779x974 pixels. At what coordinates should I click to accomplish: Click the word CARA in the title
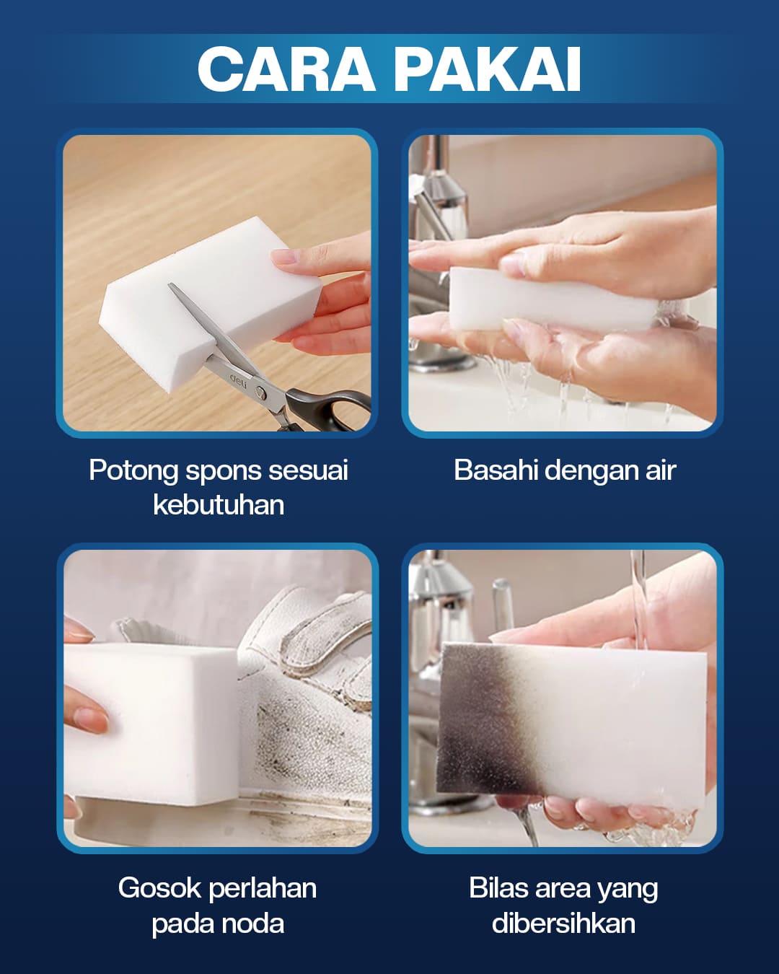click(x=286, y=69)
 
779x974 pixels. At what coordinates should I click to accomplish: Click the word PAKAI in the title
click(x=488, y=69)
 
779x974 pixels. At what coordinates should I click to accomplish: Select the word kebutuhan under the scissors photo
click(x=219, y=504)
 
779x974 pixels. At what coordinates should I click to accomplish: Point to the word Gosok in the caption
click(x=159, y=888)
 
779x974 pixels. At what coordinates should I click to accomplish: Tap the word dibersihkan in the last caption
click(x=563, y=923)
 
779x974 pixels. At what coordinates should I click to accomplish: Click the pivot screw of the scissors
click(x=260, y=392)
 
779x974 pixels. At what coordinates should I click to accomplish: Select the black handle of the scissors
click(x=328, y=410)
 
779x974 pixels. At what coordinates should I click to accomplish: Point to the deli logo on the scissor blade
click(x=238, y=381)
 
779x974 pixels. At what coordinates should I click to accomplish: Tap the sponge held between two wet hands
click(x=553, y=299)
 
